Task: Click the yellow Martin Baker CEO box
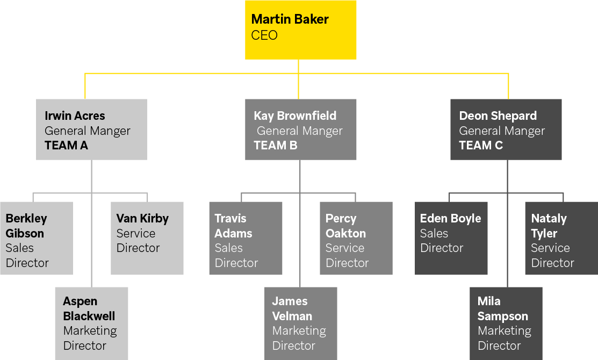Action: pos(300,29)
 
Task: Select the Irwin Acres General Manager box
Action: pos(91,129)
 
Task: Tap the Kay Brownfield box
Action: pos(300,129)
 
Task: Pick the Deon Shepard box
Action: pos(506,129)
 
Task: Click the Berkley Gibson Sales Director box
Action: pos(36,238)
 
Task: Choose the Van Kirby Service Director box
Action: pos(147,238)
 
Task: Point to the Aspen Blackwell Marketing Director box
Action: pos(91,323)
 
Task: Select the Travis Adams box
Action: pos(246,238)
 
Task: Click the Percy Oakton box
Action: pos(356,238)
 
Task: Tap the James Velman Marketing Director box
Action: pos(300,323)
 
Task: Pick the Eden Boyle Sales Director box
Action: pos(451,238)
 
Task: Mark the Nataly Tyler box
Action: pos(561,238)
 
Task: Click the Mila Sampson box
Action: pos(506,323)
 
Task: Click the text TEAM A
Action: pos(66,146)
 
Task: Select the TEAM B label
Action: pos(275,146)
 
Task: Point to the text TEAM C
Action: pos(481,146)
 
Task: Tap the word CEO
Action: pos(264,35)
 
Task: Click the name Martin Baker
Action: pos(290,19)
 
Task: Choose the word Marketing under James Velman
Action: pos(299,331)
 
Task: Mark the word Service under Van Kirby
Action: pos(136,234)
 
